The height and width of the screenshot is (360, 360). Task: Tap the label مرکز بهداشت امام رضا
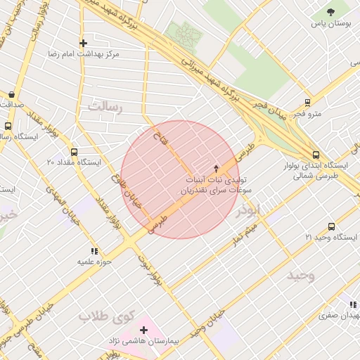coord(83,54)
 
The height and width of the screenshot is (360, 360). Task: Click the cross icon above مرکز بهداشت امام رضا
coord(83,43)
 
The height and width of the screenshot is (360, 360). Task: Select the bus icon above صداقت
coord(11,94)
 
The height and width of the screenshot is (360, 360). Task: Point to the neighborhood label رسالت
coord(106,107)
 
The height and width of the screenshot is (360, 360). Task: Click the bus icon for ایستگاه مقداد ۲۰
coord(75,151)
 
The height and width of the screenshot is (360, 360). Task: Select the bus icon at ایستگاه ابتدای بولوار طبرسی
coord(316,156)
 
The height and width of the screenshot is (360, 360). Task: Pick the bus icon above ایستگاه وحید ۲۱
coord(331,226)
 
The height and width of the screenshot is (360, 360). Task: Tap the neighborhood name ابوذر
coord(249,210)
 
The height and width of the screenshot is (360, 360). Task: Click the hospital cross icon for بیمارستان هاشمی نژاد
coord(144,330)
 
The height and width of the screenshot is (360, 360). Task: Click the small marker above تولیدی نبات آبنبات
coord(216,168)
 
